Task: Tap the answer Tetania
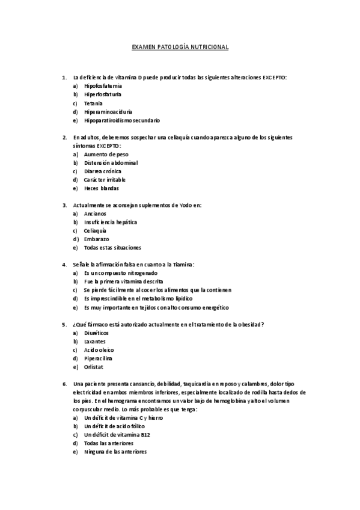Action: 93,103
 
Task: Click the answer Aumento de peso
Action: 106,154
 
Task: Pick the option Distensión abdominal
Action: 111,162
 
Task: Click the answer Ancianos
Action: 96,214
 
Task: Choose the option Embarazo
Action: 97,239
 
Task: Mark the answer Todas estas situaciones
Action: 112,247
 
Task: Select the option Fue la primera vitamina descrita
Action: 123,281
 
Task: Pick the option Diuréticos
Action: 96,333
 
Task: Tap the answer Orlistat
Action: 94,366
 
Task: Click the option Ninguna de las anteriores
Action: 115,451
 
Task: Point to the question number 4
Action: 64,265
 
